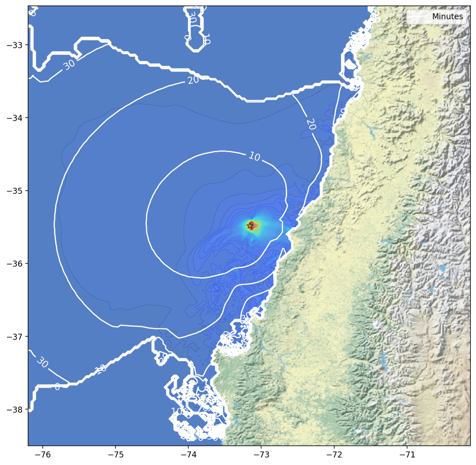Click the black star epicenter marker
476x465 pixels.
[x=250, y=226]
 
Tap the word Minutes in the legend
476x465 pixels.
[x=447, y=17]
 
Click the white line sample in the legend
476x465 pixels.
[x=418, y=17]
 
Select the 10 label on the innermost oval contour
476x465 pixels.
[x=254, y=156]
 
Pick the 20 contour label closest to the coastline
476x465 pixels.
[x=311, y=124]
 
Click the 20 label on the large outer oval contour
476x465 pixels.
[x=193, y=80]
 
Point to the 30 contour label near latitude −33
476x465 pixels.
[x=69, y=65]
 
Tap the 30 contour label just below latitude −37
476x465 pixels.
[x=42, y=362]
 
